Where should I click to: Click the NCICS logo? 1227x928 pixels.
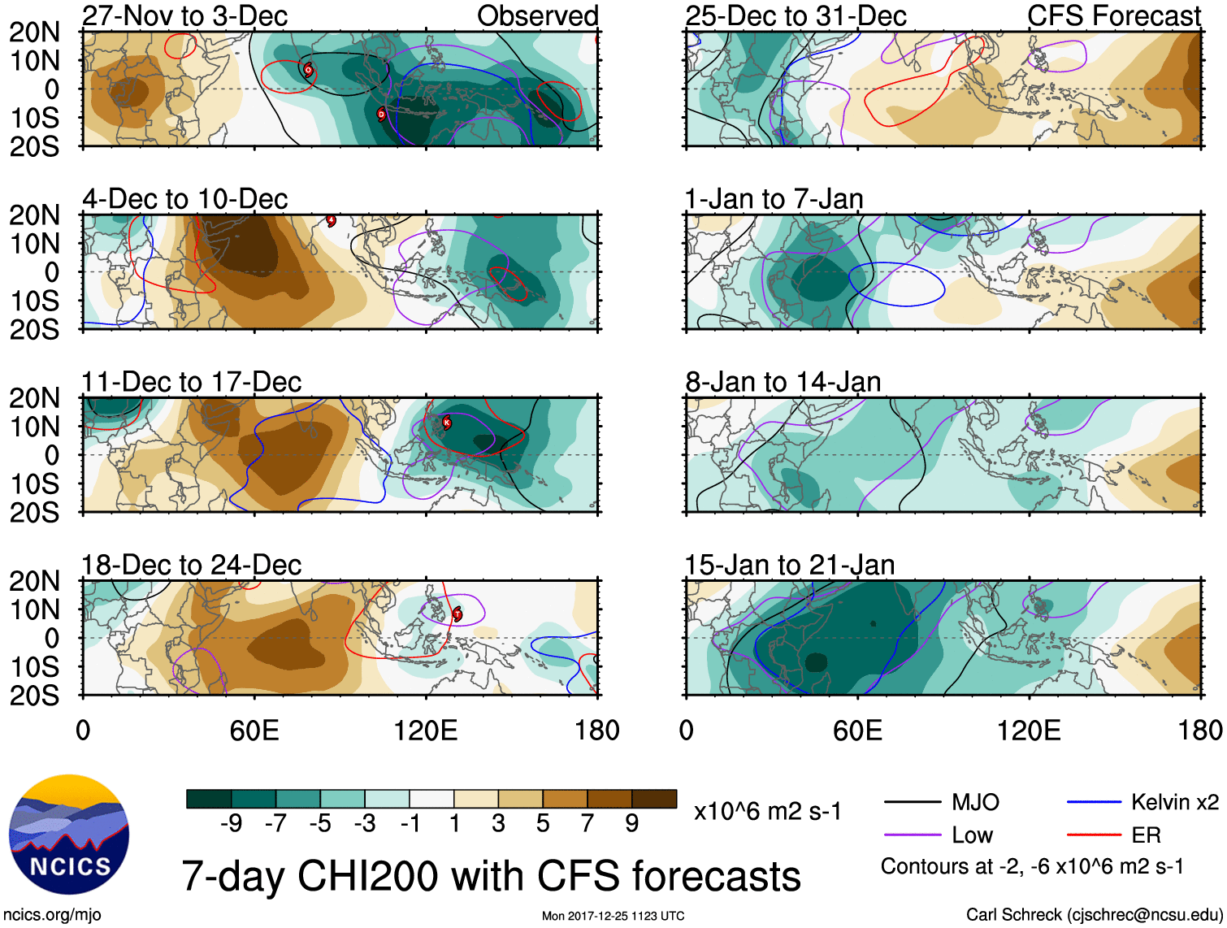69,835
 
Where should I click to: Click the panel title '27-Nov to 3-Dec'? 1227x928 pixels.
184,15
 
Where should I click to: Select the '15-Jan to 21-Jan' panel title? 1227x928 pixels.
789,565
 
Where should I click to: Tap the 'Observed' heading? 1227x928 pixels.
537,15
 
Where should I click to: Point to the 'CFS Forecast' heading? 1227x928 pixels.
1113,15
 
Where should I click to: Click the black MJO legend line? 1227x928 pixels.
912,803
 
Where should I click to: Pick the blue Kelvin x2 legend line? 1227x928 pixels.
1094,803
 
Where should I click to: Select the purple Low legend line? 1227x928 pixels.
912,835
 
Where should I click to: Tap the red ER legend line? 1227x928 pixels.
1094,835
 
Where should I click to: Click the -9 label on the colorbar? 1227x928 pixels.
231,823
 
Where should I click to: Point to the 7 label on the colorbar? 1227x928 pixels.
587,823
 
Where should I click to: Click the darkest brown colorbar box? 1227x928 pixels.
654,799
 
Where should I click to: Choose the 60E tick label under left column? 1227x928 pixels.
254,730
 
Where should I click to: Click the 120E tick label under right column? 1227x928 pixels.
1029,730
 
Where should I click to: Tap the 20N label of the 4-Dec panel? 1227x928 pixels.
34,215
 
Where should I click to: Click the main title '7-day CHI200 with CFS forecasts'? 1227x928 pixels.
491,876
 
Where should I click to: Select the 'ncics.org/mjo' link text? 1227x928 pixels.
52,915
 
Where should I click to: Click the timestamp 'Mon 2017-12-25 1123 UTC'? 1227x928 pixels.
613,916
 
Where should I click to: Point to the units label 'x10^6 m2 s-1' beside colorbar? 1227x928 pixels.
767,811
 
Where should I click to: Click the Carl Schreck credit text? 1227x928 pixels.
1094,915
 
